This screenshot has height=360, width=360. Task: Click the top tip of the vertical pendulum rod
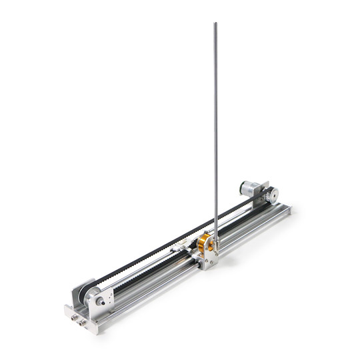point(215,25)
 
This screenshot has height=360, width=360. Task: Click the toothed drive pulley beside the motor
point(271,195)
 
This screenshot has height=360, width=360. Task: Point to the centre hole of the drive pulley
point(271,195)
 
